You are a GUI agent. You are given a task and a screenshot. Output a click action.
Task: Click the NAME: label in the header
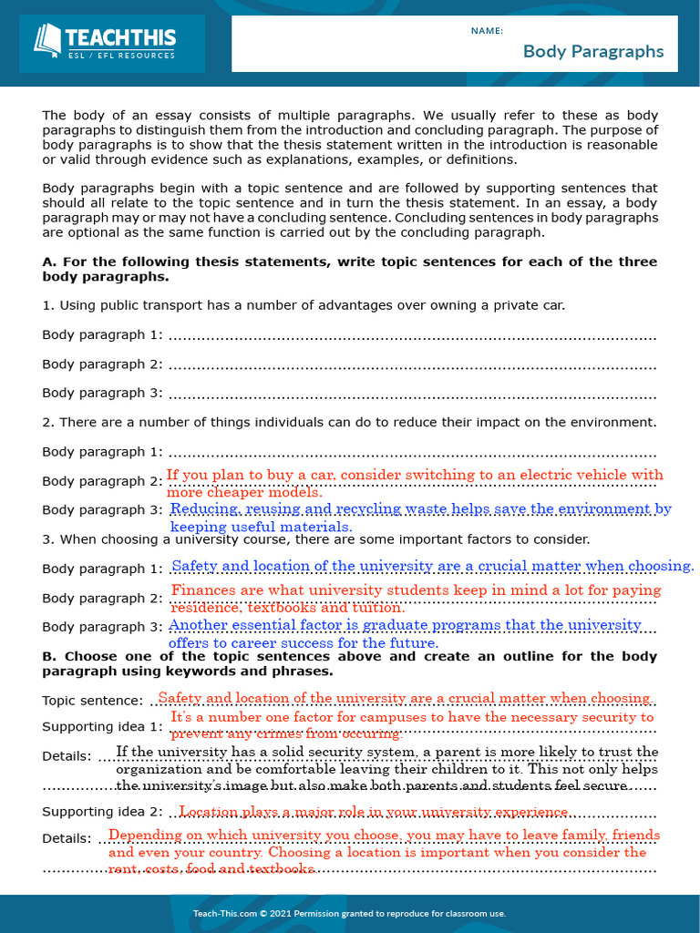(x=487, y=31)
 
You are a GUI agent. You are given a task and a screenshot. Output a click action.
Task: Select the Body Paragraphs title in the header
(x=593, y=51)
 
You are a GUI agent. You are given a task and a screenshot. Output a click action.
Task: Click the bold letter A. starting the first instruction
(x=49, y=262)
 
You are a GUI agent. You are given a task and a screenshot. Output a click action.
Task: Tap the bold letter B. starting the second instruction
(x=49, y=656)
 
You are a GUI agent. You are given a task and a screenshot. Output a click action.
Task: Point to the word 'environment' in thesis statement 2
(x=617, y=423)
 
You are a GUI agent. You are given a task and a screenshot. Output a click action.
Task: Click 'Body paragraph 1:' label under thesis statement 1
(x=102, y=335)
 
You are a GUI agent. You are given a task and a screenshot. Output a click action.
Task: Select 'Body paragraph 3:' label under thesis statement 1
(x=102, y=394)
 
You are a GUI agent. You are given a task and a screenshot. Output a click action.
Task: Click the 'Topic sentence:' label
(x=92, y=701)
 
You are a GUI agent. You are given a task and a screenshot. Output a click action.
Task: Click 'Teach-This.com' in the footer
(x=223, y=914)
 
